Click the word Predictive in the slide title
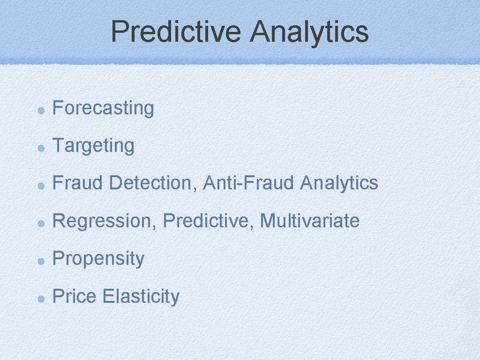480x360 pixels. pos(176,31)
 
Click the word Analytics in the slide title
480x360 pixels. pos(309,31)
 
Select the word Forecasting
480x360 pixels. pos(103,108)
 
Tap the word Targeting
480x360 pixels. pos(93,146)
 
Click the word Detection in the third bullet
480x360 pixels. pos(153,183)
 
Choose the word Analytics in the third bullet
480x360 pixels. pos(339,183)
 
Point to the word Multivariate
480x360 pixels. pos(310,221)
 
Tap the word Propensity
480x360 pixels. pos(98,259)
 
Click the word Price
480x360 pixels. pos(75,296)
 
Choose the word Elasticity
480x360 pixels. pos(141,297)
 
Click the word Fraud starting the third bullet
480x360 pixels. pos(77,183)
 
